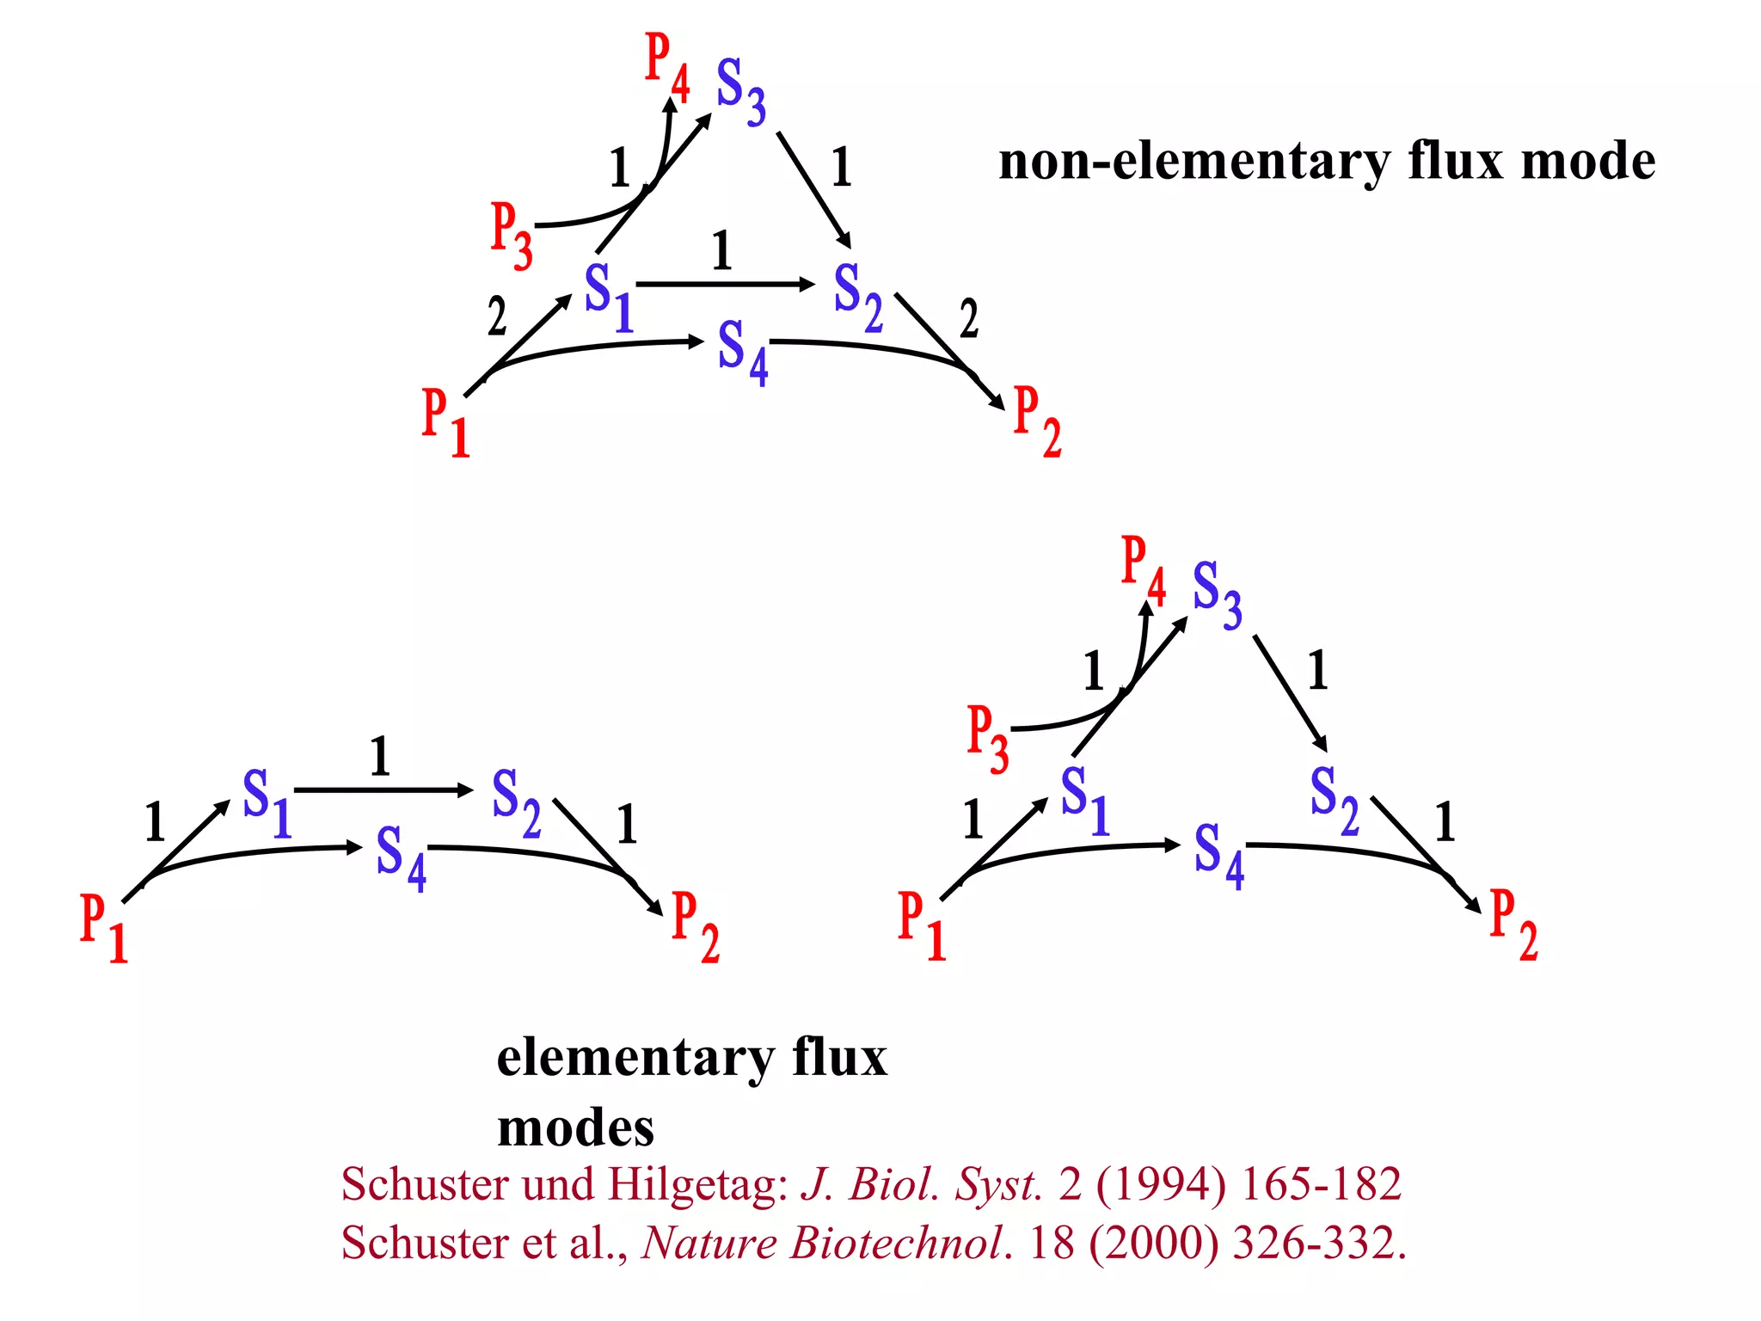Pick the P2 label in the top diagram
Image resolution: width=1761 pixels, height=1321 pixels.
click(x=1037, y=421)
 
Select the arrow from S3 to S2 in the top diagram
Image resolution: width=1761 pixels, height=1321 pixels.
click(x=813, y=189)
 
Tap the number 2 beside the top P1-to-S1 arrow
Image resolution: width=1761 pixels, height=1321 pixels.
click(x=497, y=316)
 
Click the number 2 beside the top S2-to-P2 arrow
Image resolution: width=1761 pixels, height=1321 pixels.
click(x=969, y=319)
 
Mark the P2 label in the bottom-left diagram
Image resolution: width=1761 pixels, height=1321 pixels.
click(x=695, y=926)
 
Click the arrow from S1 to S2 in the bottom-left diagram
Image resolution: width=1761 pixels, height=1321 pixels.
click(x=383, y=790)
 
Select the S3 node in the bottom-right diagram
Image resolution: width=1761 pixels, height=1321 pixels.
click(x=1217, y=593)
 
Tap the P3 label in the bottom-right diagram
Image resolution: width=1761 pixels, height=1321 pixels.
click(x=987, y=740)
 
